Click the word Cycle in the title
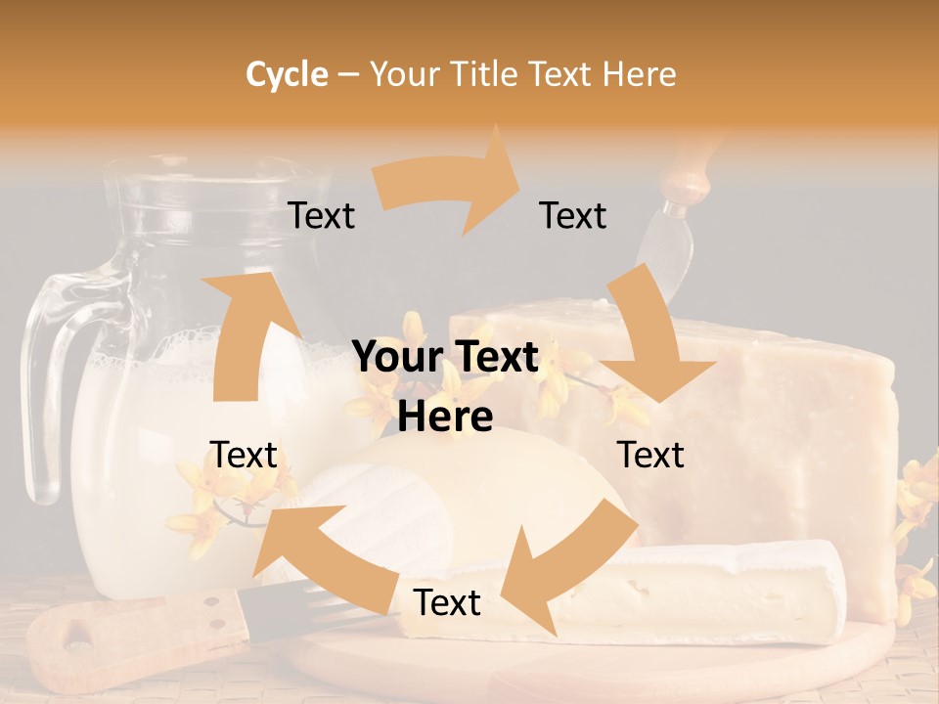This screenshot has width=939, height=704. pyautogui.click(x=287, y=74)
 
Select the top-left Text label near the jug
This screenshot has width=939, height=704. pyautogui.click(x=321, y=215)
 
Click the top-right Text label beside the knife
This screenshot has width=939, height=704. pyautogui.click(x=573, y=215)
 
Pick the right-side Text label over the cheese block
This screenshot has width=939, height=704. pyautogui.click(x=650, y=455)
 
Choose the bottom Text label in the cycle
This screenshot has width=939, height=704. pyautogui.click(x=447, y=602)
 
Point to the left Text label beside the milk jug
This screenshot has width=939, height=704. pyautogui.click(x=244, y=455)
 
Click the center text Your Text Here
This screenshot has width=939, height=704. pyautogui.click(x=446, y=386)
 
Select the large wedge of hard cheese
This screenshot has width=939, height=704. pyautogui.click(x=782, y=411)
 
